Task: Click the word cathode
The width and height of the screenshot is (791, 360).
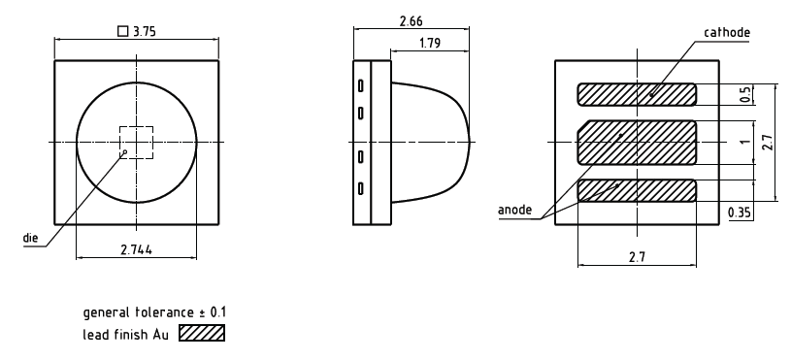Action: pyautogui.click(x=728, y=32)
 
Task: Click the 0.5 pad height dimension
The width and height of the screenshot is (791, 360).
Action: pyautogui.click(x=744, y=94)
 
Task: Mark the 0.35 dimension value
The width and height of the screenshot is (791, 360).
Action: pyautogui.click(x=740, y=213)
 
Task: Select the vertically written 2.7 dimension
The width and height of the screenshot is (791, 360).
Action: pyautogui.click(x=767, y=144)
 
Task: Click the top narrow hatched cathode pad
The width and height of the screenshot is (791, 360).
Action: pyautogui.click(x=637, y=94)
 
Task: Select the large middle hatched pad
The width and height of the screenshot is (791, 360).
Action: pyautogui.click(x=637, y=142)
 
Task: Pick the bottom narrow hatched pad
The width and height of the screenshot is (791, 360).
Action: pyautogui.click(x=637, y=190)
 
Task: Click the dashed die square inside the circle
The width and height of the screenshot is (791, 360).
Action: pyautogui.click(x=137, y=143)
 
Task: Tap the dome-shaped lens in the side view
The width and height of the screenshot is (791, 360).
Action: pyautogui.click(x=432, y=143)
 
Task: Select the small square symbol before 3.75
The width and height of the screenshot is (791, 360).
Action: pyautogui.click(x=121, y=31)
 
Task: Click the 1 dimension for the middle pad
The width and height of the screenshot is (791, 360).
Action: pyautogui.click(x=744, y=142)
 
